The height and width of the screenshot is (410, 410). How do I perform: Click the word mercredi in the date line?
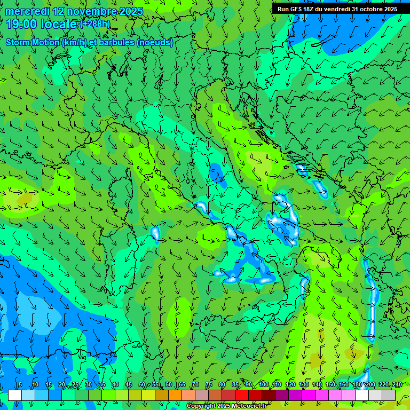point(26,11)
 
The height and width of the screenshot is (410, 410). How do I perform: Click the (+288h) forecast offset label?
point(96,24)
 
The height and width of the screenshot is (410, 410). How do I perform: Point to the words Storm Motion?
point(31,43)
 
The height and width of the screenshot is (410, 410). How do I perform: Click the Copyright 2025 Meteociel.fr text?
point(226,406)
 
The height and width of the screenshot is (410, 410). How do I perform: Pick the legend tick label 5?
point(20,385)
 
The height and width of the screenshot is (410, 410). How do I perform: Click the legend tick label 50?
point(142,385)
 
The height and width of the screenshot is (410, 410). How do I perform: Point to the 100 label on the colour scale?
point(264,385)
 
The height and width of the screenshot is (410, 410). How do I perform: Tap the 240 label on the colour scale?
point(397,385)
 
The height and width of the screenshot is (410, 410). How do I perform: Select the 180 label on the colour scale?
point(357,385)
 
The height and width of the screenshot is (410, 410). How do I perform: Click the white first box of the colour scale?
point(15,395)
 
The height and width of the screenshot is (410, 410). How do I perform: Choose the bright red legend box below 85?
point(242,395)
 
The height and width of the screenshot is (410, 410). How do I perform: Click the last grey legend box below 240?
point(389,395)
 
